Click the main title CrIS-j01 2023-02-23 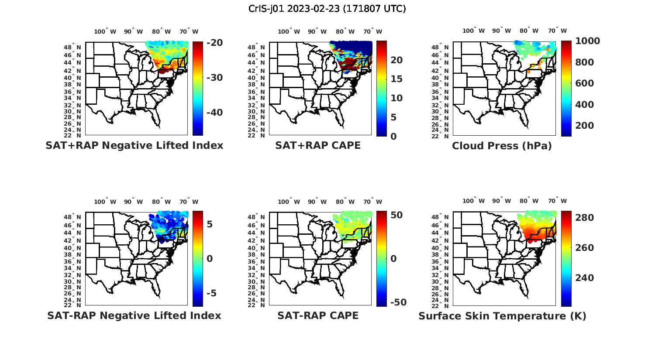[x=327, y=8]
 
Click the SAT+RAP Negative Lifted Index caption [x=134, y=145]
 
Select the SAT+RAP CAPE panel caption [x=318, y=145]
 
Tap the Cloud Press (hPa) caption [x=502, y=146]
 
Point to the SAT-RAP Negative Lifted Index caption [x=134, y=315]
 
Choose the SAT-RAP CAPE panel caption [x=318, y=315]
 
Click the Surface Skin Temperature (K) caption [x=502, y=316]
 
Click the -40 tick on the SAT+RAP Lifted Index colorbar [x=214, y=113]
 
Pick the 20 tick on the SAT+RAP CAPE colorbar [x=396, y=60]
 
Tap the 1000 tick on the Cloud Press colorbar [x=588, y=41]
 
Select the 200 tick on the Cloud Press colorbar [x=585, y=126]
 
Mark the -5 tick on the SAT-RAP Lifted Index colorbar [x=211, y=293]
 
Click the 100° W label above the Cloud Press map [x=474, y=31]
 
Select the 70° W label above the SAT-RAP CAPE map [x=372, y=202]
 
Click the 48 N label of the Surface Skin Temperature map [x=441, y=217]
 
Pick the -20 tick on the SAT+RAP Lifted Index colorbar [x=214, y=43]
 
